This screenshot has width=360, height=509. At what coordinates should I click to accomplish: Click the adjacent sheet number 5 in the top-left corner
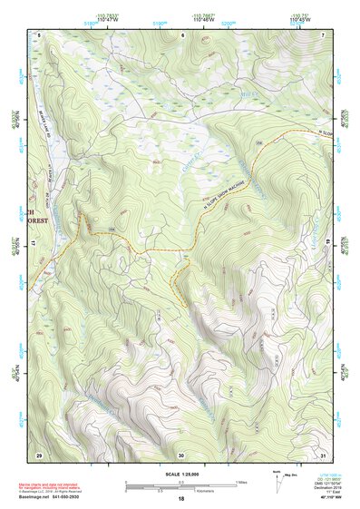point(39,34)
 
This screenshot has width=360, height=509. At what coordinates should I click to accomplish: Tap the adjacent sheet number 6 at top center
point(181,34)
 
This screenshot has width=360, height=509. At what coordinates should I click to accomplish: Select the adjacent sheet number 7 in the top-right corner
point(323,34)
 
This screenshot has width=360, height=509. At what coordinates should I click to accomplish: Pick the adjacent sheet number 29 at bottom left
point(39,454)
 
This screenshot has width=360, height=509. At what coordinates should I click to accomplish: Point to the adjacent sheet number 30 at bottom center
point(181,454)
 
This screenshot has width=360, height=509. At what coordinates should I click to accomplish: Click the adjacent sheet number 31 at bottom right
point(323,454)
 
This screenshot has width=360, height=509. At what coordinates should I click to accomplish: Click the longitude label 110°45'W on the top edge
point(298,19)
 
